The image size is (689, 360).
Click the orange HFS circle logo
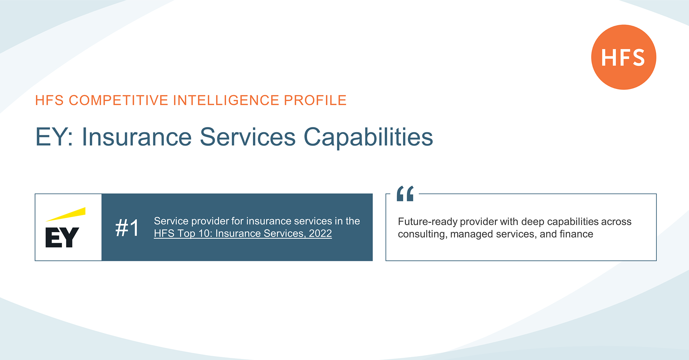(x=624, y=57)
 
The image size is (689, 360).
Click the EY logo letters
(x=62, y=237)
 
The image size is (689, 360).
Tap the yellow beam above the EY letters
(x=66, y=214)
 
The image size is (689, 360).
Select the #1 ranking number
(x=127, y=228)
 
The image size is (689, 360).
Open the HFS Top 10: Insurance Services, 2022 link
(x=243, y=233)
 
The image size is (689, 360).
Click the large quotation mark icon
(x=405, y=193)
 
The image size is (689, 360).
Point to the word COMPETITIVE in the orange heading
(x=118, y=100)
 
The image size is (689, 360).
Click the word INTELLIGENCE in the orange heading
(x=226, y=100)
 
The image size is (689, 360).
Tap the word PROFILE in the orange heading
(x=315, y=100)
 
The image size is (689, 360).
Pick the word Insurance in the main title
(x=137, y=137)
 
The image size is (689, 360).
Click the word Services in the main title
(x=248, y=137)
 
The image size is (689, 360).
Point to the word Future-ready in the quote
(x=427, y=222)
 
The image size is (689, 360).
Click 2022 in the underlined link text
(x=320, y=233)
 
